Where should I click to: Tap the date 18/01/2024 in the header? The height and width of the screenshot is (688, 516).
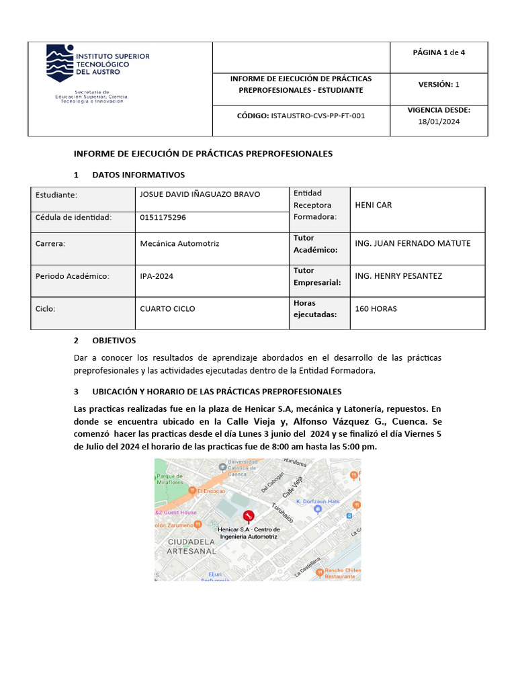439,121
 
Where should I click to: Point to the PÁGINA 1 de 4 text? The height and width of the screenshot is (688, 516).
439,52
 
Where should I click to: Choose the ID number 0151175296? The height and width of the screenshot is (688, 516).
163,217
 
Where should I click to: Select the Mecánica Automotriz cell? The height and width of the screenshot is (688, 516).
179,243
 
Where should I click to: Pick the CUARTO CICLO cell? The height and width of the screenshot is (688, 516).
167,308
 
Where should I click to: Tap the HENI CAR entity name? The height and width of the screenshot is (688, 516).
373,205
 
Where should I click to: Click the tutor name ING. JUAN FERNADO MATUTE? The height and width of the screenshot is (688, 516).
412,243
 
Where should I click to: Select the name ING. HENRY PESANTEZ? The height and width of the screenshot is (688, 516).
398,275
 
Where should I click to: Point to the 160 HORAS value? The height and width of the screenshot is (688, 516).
376,308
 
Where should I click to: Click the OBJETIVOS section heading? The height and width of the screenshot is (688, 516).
114,341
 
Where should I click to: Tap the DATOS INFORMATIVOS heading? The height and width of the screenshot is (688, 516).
138,175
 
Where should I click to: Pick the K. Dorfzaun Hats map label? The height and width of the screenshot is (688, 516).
318,501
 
